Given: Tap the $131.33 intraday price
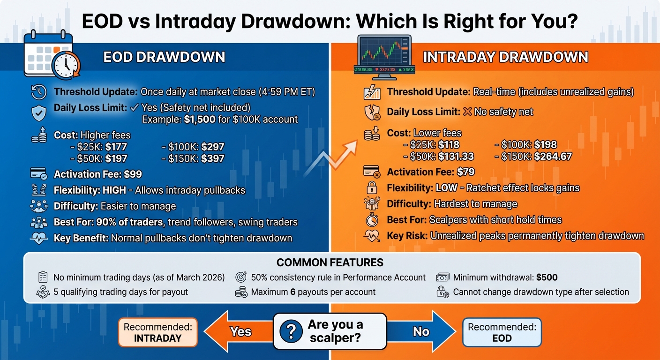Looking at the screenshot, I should coord(456,156).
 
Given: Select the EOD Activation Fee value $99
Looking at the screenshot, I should coord(133,174).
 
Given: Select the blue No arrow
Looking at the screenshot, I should coord(422,331).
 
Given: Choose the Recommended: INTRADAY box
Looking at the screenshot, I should coord(157,332).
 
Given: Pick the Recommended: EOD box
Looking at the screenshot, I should coord(502,332).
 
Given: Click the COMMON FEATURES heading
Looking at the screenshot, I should coord(330,262).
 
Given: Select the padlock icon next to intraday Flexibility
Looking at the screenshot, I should coord(371,188).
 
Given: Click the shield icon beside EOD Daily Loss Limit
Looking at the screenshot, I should coord(38,112).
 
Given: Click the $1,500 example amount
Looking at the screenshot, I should coord(199,119).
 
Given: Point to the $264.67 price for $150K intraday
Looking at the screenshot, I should coord(553,156).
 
